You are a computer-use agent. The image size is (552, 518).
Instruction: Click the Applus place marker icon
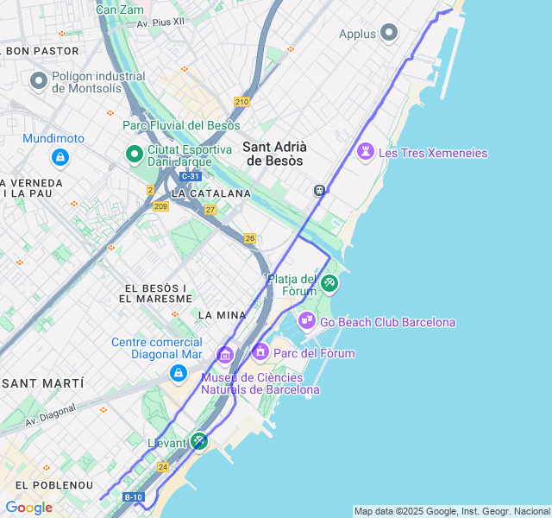click(389, 34)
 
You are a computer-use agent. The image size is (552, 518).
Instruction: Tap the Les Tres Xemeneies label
click(432, 153)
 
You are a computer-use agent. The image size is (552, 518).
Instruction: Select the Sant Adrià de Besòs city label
click(274, 154)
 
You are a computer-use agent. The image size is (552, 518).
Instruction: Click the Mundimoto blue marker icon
click(60, 157)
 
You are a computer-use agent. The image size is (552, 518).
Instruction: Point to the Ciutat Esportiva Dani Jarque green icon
click(134, 155)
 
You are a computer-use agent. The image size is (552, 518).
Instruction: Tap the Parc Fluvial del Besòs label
click(181, 126)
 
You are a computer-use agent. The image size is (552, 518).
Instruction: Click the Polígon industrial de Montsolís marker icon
click(38, 81)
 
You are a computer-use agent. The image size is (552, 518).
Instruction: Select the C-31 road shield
click(190, 176)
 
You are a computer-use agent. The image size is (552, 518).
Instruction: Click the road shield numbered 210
click(241, 102)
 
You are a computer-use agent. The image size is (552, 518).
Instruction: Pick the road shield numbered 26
click(250, 238)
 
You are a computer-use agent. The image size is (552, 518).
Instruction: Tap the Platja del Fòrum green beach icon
click(329, 283)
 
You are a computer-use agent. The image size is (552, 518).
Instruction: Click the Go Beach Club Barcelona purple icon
click(307, 321)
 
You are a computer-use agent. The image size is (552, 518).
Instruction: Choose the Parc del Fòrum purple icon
click(260, 352)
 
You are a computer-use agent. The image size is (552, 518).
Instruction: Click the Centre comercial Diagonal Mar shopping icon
click(179, 373)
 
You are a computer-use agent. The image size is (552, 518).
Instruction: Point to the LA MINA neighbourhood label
click(223, 315)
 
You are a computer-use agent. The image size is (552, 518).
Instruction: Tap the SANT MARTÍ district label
click(42, 382)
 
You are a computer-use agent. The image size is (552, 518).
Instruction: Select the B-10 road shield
click(133, 497)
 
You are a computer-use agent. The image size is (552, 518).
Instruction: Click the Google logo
click(28, 508)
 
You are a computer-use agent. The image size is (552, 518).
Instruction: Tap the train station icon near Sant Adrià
click(319, 190)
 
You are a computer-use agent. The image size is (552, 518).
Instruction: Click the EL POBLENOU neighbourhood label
click(47, 486)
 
